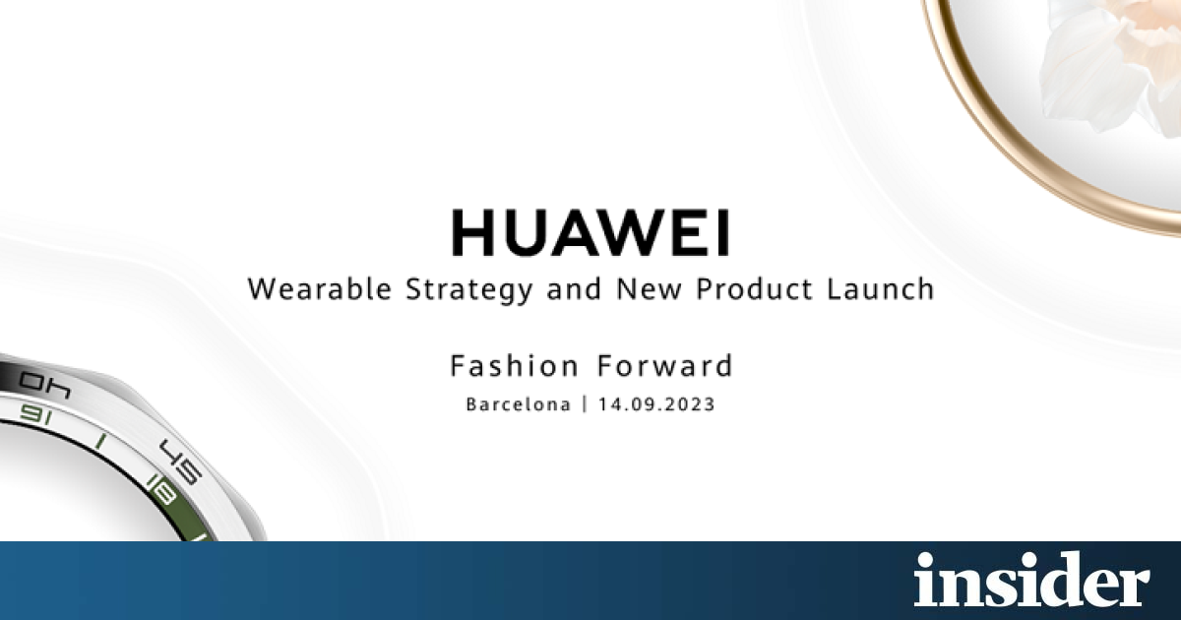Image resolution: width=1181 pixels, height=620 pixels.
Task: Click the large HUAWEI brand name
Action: pos(590,232)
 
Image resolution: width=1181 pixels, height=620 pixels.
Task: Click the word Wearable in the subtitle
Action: pos(320,289)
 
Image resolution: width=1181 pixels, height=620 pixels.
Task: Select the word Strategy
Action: pos(469,290)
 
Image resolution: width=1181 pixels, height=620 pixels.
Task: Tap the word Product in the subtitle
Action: pos(754,289)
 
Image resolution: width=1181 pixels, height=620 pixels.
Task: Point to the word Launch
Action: pos(880,289)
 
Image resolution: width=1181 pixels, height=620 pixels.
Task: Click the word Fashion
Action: pos(515,366)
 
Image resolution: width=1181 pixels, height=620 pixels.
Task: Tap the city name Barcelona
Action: pos(519,404)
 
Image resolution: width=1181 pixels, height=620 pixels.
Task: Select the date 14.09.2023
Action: pos(656,404)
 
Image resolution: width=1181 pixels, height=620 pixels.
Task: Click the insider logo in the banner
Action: pos(1031,579)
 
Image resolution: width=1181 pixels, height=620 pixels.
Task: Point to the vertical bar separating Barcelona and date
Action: pos(585,404)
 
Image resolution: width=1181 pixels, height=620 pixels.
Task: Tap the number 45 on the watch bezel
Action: pos(182,461)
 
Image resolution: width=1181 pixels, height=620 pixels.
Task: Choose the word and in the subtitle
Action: pos(574,289)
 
